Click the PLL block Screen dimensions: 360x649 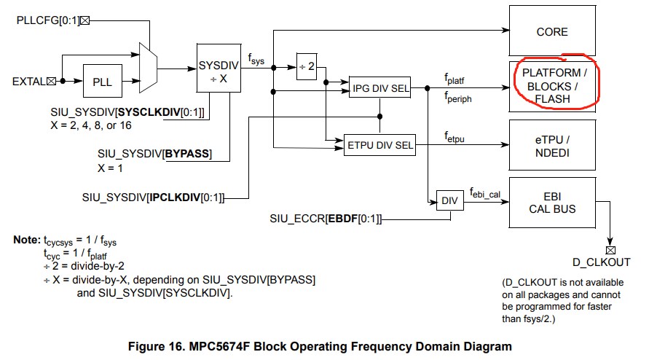102,82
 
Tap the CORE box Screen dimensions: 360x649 551,32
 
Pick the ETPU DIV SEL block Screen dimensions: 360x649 379,145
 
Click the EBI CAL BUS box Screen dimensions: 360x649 551,203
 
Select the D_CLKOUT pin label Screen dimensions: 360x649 602,262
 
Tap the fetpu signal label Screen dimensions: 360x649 455,136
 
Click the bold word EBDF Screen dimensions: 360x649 341,218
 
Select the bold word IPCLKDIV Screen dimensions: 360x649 173,197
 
